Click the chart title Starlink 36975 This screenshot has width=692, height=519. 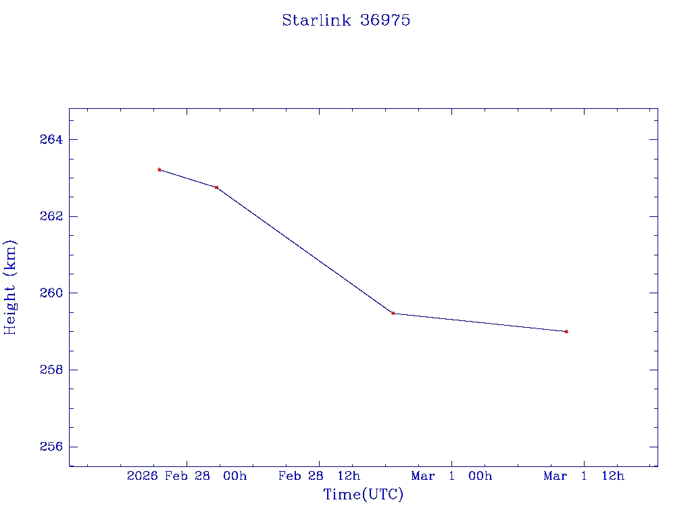click(x=346, y=20)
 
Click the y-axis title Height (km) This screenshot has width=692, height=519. click(x=10, y=287)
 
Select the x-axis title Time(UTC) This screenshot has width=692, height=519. click(x=363, y=495)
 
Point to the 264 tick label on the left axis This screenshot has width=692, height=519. click(x=51, y=140)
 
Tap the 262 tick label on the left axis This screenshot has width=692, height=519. click(x=51, y=217)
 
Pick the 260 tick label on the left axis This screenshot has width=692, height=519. click(x=51, y=293)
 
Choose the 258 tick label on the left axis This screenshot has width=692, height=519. click(x=51, y=370)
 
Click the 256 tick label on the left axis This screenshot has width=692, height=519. click(x=51, y=447)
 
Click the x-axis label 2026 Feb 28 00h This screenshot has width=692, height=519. click(x=187, y=476)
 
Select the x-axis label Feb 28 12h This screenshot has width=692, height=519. click(x=319, y=476)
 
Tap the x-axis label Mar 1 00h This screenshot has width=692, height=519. click(x=451, y=476)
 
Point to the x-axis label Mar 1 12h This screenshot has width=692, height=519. click(x=584, y=476)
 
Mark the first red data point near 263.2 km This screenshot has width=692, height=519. click(x=159, y=170)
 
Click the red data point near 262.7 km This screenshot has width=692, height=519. click(x=216, y=187)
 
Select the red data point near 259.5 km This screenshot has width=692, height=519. click(x=393, y=313)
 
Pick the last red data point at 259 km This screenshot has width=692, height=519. click(x=566, y=332)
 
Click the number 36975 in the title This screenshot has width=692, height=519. click(x=385, y=20)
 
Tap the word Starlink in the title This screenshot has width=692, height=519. click(x=316, y=20)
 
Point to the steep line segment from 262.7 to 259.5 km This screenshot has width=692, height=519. click(x=304, y=250)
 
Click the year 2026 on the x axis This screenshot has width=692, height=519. click(x=142, y=476)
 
